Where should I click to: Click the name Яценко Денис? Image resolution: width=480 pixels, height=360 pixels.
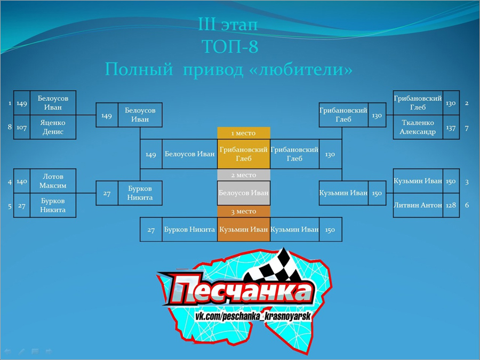(53, 127)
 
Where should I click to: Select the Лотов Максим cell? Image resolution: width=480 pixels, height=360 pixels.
(53, 181)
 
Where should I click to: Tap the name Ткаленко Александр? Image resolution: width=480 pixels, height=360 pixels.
(418, 127)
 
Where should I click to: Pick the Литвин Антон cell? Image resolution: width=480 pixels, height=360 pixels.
(418, 205)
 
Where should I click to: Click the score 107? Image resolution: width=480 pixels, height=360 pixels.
(21, 127)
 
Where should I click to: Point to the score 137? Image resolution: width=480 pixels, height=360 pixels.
(451, 127)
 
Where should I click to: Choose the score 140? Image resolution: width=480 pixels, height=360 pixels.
(22, 181)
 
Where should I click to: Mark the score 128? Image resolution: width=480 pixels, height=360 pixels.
(451, 205)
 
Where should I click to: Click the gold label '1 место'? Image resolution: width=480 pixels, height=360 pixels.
(244, 133)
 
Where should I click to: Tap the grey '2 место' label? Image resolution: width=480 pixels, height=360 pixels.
(244, 175)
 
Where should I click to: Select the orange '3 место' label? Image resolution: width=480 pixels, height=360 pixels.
(244, 212)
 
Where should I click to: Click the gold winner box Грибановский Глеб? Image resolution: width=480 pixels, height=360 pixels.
(244, 154)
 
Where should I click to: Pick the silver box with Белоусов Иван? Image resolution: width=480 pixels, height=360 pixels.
(244, 193)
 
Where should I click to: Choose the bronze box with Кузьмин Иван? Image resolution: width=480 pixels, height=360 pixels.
(244, 229)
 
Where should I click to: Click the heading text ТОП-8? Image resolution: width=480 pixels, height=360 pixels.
(230, 46)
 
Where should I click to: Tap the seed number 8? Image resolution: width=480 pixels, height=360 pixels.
(10, 127)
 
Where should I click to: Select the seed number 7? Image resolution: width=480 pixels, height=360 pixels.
(467, 128)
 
